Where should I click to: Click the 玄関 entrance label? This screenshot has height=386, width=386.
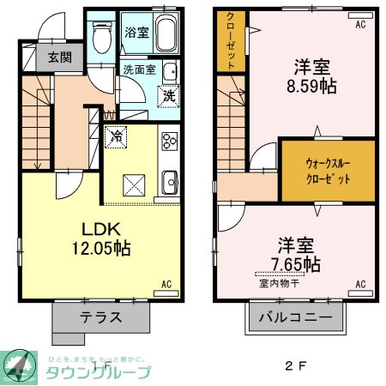point(59,58)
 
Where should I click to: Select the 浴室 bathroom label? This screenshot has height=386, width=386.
point(136,33)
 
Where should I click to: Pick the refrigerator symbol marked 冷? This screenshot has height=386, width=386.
point(114,135)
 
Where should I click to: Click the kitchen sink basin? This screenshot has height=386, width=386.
point(169,181)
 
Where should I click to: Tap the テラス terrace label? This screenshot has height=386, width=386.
point(101,317)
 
